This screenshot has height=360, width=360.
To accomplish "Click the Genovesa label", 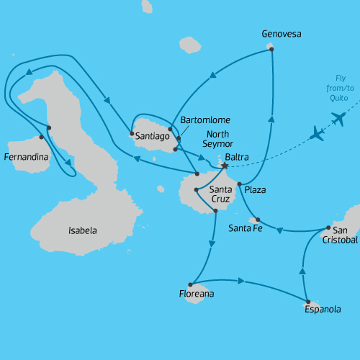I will (x=282, y=34).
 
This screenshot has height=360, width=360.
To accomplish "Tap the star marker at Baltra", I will (x=224, y=166).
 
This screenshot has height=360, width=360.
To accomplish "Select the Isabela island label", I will (x=82, y=231).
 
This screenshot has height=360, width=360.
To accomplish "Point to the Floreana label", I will (x=197, y=294).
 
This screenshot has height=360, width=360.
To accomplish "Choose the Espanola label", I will (x=322, y=310).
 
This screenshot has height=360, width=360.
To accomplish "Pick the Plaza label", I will (x=255, y=189).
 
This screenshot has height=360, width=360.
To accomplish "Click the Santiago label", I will (x=152, y=135).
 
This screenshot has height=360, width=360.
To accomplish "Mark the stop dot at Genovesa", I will (x=271, y=48).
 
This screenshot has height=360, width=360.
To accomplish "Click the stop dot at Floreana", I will (x=189, y=284).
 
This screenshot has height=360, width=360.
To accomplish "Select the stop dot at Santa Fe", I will (x=258, y=220).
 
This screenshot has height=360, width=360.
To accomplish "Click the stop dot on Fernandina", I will (x=41, y=137).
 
